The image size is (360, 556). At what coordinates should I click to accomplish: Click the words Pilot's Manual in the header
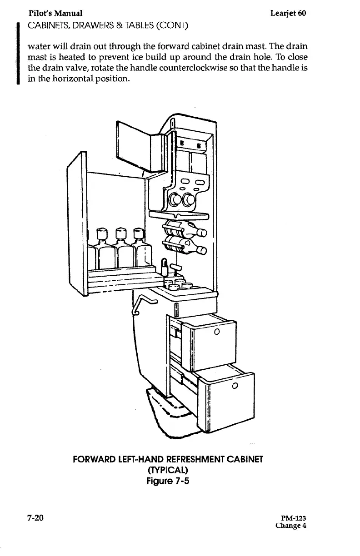click(x=55, y=13)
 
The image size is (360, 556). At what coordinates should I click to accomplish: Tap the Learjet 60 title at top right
click(x=288, y=13)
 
